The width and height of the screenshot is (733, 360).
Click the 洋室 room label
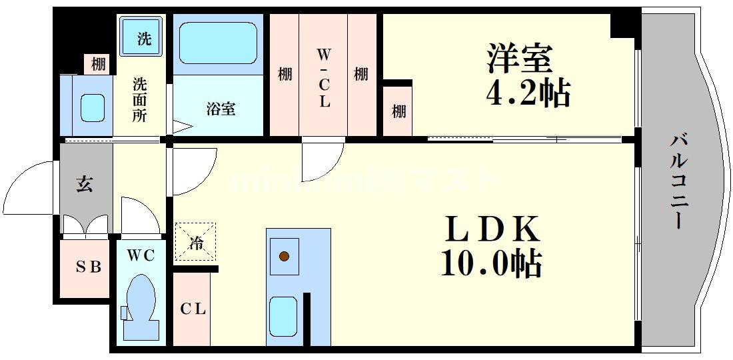pyautogui.click(x=520, y=58)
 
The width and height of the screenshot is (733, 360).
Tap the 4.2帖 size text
pyautogui.click(x=527, y=94)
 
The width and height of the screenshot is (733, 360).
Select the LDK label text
pyautogui.click(x=491, y=231)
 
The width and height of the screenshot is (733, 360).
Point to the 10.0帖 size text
pyautogui.click(x=490, y=265)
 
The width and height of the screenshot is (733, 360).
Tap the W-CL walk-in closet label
pyautogui.click(x=324, y=77)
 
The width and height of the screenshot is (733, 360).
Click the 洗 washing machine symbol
pyautogui.click(x=143, y=39)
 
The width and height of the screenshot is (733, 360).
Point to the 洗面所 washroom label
pyautogui.click(x=139, y=100)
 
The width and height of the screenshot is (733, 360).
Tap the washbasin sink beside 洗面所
pyautogui.click(x=93, y=107)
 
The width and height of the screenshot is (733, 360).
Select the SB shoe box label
pyautogui.click(x=87, y=267)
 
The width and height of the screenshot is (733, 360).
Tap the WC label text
pyautogui.click(x=141, y=255)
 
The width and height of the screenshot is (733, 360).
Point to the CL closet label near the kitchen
pyautogui.click(x=193, y=309)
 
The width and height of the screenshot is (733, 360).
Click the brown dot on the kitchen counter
pyautogui.click(x=285, y=255)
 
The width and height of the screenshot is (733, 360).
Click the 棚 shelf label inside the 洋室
pyautogui.click(x=398, y=111)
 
